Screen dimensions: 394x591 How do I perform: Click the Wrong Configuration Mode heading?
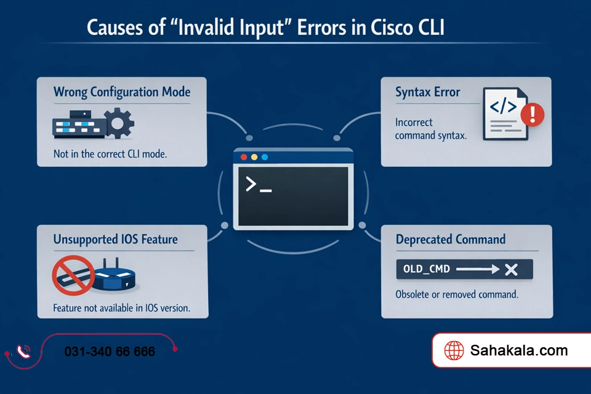[121, 92]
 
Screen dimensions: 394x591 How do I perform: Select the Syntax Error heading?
[427, 92]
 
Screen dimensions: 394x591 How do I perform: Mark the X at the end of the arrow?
[510, 269]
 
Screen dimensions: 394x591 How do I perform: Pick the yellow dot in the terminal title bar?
[254, 157]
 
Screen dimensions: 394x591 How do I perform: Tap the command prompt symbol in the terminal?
[258, 185]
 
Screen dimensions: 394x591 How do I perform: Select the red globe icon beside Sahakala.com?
[454, 351]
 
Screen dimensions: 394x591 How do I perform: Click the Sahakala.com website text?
[518, 351]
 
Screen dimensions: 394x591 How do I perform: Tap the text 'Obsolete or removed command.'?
[456, 294]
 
